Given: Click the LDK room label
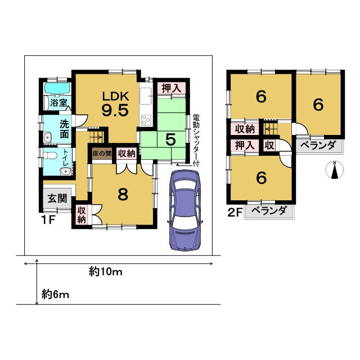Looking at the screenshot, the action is pos(115,96).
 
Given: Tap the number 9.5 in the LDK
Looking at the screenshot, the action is pos(115,110).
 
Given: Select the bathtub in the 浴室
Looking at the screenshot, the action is pos(57,88).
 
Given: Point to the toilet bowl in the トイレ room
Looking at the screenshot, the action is pos(49,156).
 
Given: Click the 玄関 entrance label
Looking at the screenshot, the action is pos(57,199).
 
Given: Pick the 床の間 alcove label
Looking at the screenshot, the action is pos(102,154).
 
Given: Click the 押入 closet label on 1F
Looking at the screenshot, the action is pos(171,88).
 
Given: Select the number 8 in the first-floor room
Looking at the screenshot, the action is pos(123,195).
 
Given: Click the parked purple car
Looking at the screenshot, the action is pos(185,210).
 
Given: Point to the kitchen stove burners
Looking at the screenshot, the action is pos(146,120).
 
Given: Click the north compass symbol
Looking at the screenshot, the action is pos(335,170).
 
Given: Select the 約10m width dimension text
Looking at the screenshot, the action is pos(106,272).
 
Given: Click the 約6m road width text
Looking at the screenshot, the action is pos(55,294).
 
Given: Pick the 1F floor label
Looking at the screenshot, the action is pos(48,220).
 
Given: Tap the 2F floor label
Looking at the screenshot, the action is pos(235,213).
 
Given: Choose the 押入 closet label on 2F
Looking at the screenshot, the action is pos(245,145).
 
